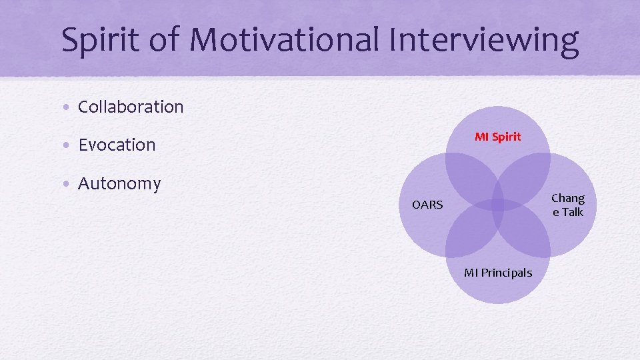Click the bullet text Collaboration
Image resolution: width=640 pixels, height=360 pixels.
click(x=131, y=107)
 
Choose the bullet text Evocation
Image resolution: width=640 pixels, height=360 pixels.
click(x=117, y=145)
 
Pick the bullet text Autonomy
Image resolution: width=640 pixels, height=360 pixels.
click(x=119, y=183)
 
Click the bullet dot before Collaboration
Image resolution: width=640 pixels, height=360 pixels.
click(x=69, y=107)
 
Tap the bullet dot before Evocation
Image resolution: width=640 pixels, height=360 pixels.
click(x=69, y=145)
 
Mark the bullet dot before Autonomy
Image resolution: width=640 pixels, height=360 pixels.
click(x=69, y=184)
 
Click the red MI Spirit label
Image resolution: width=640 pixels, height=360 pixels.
click(x=498, y=137)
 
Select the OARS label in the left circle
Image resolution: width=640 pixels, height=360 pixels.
click(x=427, y=205)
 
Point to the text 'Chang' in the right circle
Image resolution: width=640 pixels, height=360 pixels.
click(x=568, y=198)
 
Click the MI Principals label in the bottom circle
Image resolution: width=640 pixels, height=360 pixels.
click(x=498, y=273)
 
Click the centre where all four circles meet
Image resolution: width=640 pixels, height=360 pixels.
click(x=498, y=205)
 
